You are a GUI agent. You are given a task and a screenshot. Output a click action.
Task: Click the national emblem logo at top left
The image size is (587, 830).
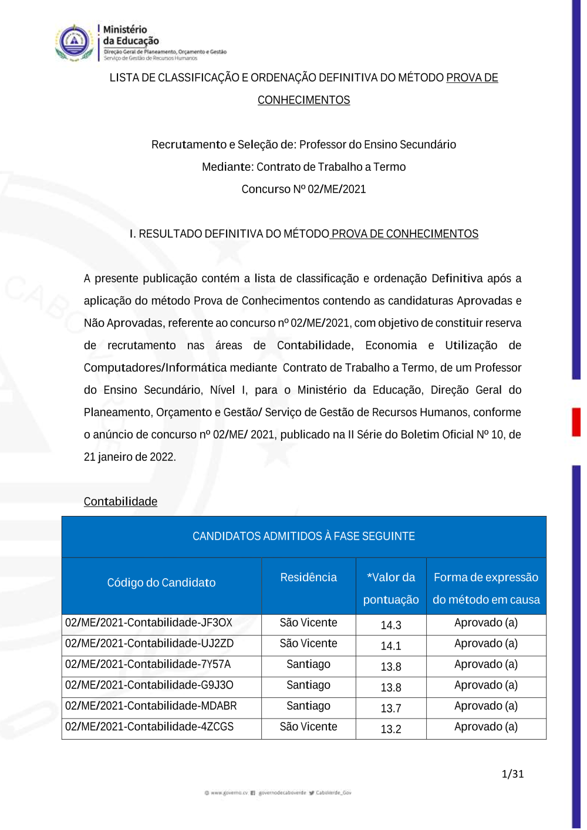75,42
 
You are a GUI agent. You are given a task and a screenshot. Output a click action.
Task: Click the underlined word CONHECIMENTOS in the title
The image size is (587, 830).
303,100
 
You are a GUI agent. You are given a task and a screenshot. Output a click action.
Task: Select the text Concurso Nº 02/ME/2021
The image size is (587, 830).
303,190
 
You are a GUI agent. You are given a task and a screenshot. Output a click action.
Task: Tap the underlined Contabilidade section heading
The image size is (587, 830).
120,502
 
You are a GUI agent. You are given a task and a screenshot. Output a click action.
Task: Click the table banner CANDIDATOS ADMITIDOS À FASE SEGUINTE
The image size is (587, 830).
303,537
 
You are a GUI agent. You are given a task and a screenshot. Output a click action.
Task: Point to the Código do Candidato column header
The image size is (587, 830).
161,583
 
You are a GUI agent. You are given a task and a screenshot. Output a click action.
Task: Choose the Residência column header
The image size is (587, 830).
308,578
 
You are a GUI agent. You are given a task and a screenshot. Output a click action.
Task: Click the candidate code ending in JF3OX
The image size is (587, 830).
149,623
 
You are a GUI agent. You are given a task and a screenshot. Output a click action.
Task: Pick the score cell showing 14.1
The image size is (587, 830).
391,646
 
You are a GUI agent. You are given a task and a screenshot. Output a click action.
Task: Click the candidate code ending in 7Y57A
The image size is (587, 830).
148,664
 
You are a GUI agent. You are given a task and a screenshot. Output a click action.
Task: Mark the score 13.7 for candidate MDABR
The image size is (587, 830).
391,708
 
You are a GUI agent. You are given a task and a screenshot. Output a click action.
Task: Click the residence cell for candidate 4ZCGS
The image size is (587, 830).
308,727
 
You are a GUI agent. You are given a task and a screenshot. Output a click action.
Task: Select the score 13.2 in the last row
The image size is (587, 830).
391,730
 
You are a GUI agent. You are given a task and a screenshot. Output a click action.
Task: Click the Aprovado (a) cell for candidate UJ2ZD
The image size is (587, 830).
486,644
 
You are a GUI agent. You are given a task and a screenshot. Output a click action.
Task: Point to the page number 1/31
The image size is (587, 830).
512,774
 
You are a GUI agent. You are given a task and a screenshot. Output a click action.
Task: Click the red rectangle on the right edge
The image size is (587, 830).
576,422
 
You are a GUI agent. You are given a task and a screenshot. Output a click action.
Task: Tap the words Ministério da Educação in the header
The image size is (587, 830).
131,35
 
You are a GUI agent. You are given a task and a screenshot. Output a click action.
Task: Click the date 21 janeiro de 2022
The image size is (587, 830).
130,457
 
